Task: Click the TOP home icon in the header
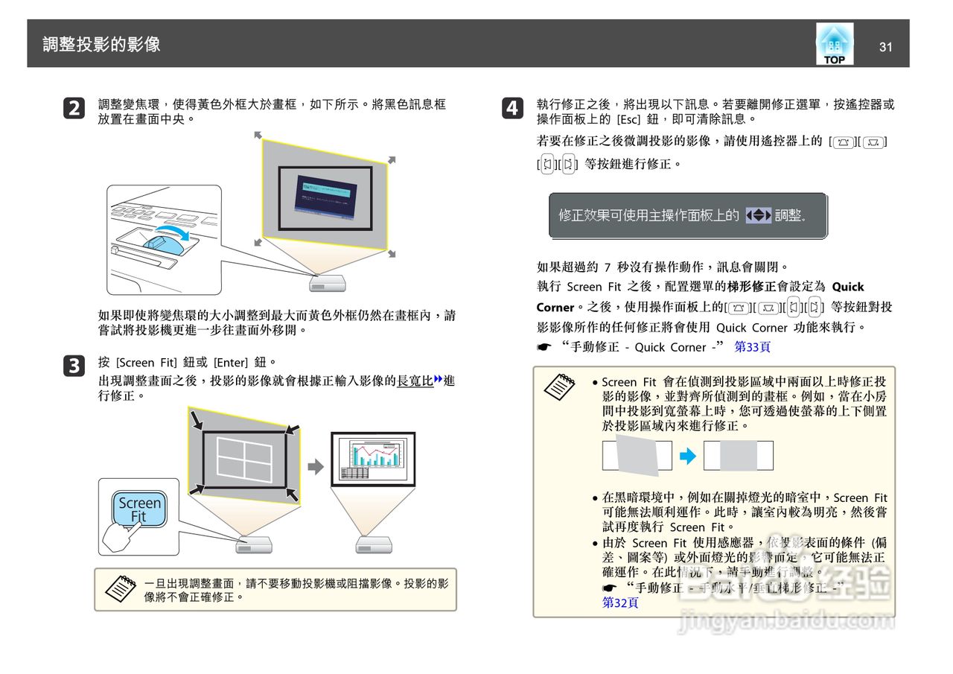835,44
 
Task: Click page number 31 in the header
885,47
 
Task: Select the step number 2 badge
73,109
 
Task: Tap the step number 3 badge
73,366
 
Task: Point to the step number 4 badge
511,109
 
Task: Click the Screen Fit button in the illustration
139,509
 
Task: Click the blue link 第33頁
752,347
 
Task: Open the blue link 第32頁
619,603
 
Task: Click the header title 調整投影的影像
102,45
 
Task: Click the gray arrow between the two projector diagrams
316,467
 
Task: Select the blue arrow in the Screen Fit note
688,456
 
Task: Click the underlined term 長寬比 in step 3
415,381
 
